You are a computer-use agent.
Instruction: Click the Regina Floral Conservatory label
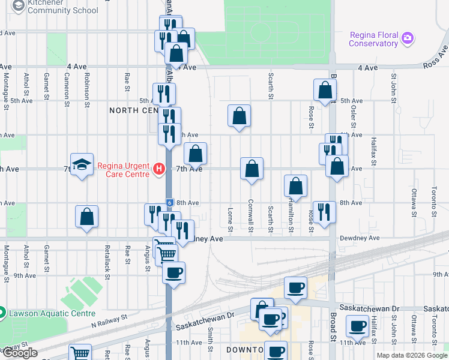pos(373,39)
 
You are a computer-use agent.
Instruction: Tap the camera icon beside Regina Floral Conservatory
pos(408,38)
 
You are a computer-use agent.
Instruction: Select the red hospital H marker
pos(158,169)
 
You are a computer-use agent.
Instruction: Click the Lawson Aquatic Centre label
pos(50,313)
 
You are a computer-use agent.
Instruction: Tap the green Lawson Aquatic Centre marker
pos(2,313)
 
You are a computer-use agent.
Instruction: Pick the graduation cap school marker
pos(80,164)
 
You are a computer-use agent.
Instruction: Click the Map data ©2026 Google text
pos(411,355)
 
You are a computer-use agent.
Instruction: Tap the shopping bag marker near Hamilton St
pos(295,186)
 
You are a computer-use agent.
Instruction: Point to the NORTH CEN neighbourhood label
pos(132,110)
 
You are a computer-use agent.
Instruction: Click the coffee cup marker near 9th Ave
pos(174,272)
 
